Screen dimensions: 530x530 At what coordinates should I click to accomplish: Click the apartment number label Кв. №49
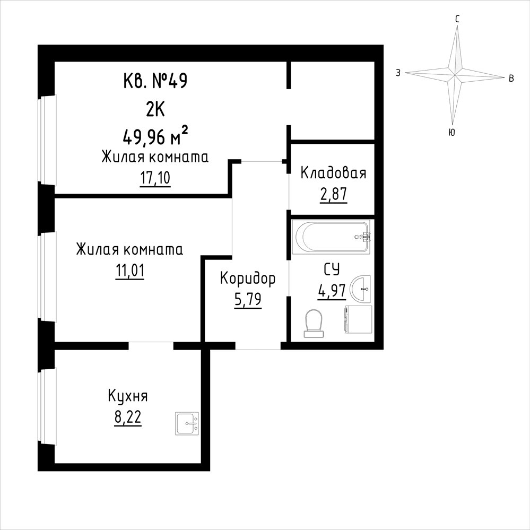[155, 81]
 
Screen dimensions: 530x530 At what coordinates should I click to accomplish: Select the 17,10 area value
[155, 178]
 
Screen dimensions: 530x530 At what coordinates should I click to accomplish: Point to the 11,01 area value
[130, 271]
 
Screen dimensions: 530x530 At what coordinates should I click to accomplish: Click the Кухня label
[128, 396]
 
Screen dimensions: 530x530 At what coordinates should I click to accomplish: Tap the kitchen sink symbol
[187, 423]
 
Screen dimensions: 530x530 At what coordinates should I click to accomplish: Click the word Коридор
[248, 279]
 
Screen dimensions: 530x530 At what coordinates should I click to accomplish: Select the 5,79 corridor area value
[248, 299]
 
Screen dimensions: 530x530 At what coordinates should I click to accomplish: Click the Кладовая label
[333, 173]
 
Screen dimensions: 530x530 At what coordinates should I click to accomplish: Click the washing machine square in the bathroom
[358, 319]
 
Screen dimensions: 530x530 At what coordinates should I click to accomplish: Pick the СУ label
[332, 270]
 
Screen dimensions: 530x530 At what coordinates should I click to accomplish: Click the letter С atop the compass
[457, 20]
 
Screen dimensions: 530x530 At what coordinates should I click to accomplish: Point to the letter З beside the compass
[398, 73]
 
